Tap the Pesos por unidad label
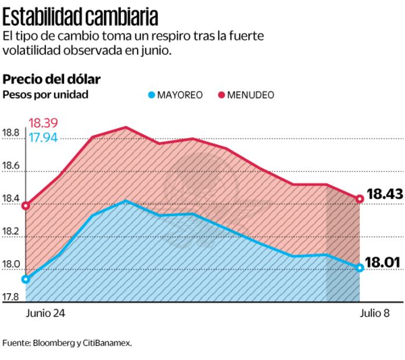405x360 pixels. point(46,95)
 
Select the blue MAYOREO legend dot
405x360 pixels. point(152,95)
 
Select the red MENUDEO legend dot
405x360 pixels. point(221,95)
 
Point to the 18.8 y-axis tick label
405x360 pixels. point(11,133)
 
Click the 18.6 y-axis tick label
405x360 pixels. point(11,167)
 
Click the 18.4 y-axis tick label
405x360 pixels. point(11,200)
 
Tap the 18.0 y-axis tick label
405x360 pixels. point(11,265)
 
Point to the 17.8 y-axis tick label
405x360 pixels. point(11,298)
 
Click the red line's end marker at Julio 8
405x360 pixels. point(360,199)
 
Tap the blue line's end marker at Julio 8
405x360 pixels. point(360,268)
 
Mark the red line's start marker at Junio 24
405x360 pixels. point(26,205)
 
